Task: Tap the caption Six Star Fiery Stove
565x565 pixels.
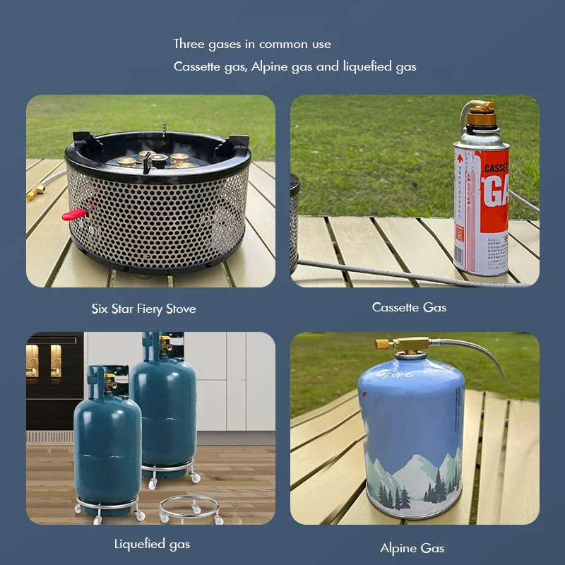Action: point(143,309)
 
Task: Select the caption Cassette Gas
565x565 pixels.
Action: point(409,307)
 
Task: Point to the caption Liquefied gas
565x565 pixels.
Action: point(152,544)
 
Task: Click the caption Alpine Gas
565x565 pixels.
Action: point(412,548)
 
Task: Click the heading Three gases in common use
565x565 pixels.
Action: point(252,44)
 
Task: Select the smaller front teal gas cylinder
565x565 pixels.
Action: point(107,438)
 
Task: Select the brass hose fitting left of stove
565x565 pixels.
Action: point(35,191)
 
